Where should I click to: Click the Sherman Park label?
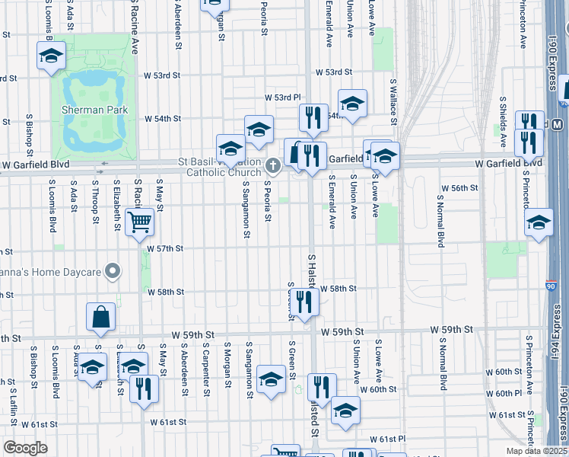click(94, 110)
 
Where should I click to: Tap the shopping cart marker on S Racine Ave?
click(140, 223)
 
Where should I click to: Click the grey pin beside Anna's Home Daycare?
click(113, 270)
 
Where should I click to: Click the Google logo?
click(25, 448)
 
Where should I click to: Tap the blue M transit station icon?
click(557, 124)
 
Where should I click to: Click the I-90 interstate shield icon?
click(550, 286)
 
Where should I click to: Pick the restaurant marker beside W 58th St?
click(304, 302)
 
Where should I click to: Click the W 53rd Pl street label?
click(283, 98)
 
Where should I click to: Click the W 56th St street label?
click(461, 187)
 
